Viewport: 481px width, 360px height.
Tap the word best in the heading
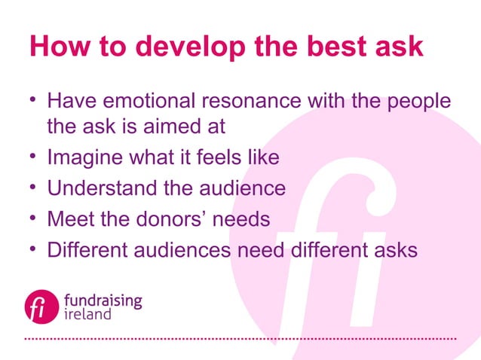pos(339,47)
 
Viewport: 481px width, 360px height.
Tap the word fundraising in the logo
pos(103,300)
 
